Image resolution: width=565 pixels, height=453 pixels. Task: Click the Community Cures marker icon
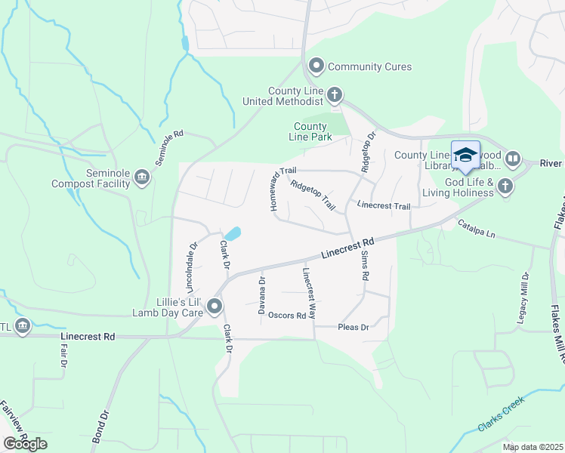(316, 66)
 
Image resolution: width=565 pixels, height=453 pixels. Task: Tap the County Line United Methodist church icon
(334, 95)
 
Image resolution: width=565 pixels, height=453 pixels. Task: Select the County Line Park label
(310, 131)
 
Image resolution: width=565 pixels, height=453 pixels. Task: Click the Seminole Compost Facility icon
(141, 177)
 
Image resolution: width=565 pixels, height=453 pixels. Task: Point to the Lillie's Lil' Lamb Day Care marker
(215, 306)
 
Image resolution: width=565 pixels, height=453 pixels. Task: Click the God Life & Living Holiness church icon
(505, 186)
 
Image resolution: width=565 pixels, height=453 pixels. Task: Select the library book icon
(513, 159)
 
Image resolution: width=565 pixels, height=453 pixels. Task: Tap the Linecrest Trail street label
(383, 205)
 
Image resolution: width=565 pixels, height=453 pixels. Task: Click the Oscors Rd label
(287, 316)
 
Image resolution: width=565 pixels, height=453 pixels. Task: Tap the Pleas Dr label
(353, 327)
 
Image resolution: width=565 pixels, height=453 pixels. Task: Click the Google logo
(25, 444)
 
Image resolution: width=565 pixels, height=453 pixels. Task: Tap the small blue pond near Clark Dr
(233, 234)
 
